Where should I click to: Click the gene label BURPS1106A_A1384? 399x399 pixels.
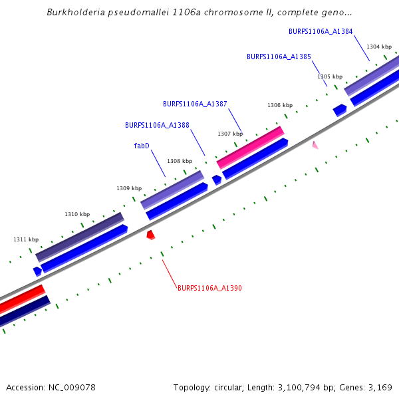click(x=321, y=31)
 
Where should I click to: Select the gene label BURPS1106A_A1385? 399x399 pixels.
click(x=279, y=57)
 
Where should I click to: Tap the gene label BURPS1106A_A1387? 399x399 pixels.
click(x=195, y=104)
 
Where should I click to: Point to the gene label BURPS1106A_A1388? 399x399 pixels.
click(x=157, y=125)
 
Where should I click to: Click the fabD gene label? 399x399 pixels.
click(x=142, y=146)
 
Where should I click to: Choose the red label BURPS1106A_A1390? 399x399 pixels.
click(x=209, y=289)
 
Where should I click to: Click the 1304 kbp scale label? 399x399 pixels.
click(x=378, y=47)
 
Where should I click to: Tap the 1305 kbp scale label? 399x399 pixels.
click(x=330, y=77)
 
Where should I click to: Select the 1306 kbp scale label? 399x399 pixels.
click(x=280, y=105)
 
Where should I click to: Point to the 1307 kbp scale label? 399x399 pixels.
click(x=230, y=134)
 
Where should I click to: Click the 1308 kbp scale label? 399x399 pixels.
click(x=180, y=161)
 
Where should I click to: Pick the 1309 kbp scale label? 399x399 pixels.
click(x=129, y=188)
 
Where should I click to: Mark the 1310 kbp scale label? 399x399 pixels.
click(x=77, y=214)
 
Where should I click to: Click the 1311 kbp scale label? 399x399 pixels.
click(x=26, y=239)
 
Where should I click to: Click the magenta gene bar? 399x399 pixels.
click(x=250, y=147)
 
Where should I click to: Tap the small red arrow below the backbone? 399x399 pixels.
click(x=151, y=235)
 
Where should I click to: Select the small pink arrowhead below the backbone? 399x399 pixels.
click(x=315, y=145)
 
